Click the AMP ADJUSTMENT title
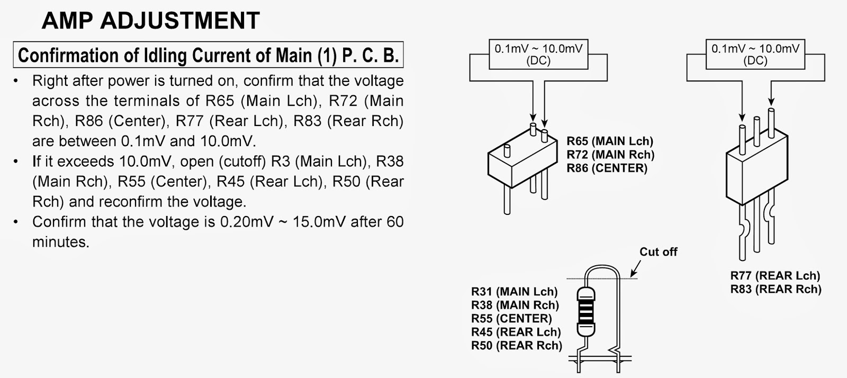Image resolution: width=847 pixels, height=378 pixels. click(x=150, y=21)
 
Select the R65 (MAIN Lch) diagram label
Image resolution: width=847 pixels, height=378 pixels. click(x=610, y=141)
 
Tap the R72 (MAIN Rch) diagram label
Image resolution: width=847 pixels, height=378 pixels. click(x=610, y=155)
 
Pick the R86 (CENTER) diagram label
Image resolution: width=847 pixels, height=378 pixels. click(x=607, y=168)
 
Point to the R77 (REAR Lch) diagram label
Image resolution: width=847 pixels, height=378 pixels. click(x=775, y=276)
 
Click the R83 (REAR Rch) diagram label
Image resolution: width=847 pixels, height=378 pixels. click(x=776, y=289)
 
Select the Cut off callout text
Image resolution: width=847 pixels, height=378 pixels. click(x=658, y=252)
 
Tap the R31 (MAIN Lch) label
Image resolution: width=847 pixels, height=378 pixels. click(x=514, y=292)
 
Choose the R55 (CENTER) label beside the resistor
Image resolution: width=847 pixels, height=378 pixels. click(x=511, y=319)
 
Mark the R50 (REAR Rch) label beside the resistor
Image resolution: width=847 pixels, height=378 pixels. click(x=516, y=346)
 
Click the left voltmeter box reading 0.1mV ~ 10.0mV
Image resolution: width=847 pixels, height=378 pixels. click(x=538, y=55)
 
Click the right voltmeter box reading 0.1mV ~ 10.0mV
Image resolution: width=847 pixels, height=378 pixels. click(x=755, y=55)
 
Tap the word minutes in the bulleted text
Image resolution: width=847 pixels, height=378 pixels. click(x=61, y=242)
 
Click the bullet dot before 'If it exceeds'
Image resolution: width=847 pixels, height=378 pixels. click(x=17, y=161)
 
